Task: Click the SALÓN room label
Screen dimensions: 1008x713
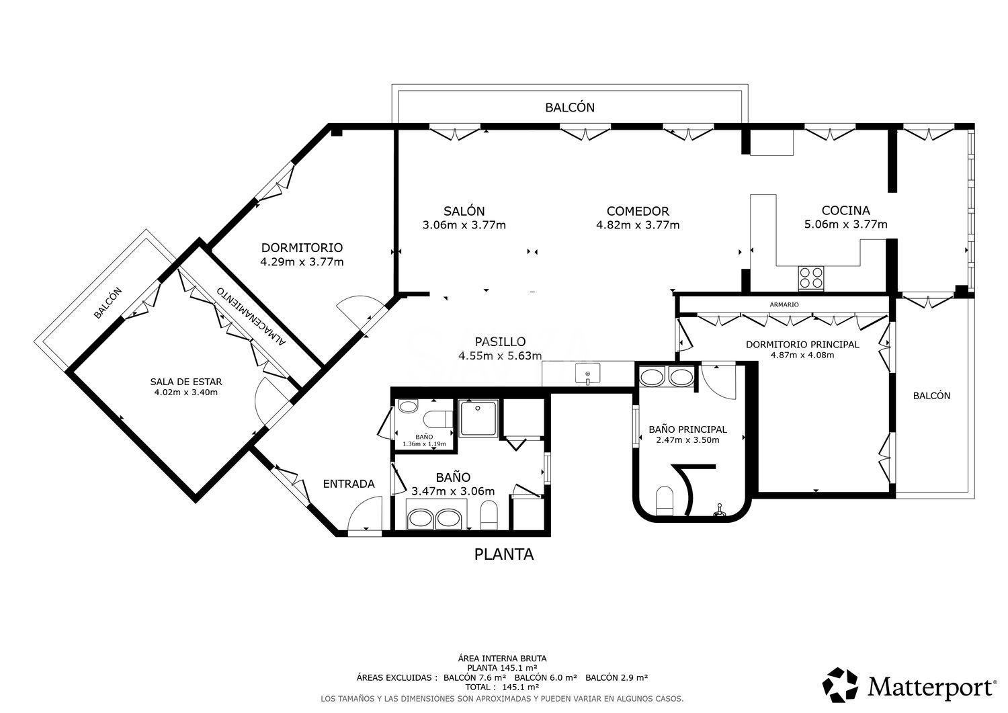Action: [x=464, y=210]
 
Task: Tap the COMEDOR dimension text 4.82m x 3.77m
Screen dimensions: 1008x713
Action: [x=638, y=224]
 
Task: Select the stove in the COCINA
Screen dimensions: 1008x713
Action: [x=811, y=278]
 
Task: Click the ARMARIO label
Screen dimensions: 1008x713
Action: [x=784, y=304]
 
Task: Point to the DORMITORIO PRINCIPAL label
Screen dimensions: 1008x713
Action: [x=802, y=344]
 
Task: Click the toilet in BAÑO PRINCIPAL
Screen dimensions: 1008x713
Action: [x=664, y=501]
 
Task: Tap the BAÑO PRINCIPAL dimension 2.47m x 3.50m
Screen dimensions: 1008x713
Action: [x=687, y=439]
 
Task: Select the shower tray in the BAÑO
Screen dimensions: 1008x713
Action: [x=478, y=419]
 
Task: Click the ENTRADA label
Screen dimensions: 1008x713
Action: [x=349, y=484]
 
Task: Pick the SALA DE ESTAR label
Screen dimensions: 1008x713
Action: [x=186, y=382]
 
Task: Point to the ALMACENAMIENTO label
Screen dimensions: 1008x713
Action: [x=251, y=316]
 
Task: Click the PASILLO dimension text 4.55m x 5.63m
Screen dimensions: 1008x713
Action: [x=500, y=356]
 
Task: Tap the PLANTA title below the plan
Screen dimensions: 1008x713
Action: [x=504, y=554]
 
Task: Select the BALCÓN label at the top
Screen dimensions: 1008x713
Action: [x=570, y=107]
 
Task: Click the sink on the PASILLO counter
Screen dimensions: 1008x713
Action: [x=588, y=374]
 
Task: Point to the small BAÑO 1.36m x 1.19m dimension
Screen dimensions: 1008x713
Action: [x=424, y=444]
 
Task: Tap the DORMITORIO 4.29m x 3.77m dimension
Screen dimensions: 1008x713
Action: [x=302, y=261]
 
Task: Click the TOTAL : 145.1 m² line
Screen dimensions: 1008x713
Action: [x=502, y=687]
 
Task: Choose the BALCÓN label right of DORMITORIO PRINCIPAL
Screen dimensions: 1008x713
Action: [x=931, y=396]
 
